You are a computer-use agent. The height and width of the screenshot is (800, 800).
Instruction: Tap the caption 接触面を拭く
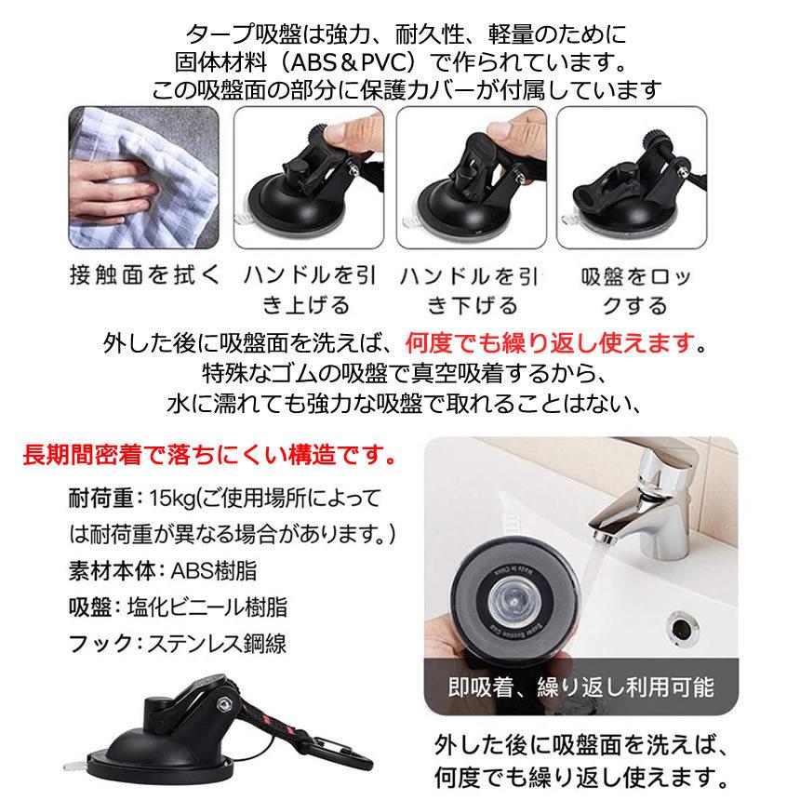[143, 276]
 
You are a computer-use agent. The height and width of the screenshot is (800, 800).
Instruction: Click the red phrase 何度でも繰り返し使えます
[551, 343]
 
